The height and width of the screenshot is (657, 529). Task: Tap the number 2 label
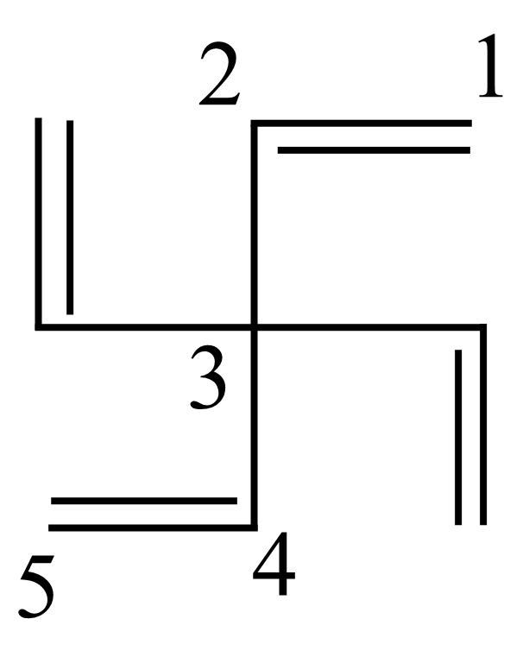(219, 73)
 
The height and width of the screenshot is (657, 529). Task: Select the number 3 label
(208, 377)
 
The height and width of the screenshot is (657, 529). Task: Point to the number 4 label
(274, 563)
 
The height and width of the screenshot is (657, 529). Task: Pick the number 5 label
(37, 586)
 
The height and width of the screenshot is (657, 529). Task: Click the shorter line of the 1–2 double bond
(374, 150)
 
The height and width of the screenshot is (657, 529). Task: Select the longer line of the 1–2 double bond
(362, 123)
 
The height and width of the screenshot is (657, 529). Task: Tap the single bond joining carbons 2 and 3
(254, 225)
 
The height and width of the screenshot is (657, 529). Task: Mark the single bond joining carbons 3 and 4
(254, 427)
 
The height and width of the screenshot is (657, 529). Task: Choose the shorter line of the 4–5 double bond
(144, 501)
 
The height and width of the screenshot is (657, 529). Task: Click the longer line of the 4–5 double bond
(153, 527)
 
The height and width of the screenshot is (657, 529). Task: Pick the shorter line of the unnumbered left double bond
(70, 217)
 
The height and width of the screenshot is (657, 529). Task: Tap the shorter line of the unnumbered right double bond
(458, 437)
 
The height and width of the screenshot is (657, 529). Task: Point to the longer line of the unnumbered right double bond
(483, 424)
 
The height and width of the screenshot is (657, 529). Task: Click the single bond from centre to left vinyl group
(144, 327)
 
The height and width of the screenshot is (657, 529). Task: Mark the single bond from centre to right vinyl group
(370, 327)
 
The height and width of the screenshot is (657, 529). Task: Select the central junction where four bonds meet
(254, 327)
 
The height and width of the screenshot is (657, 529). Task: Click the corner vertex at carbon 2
(254, 123)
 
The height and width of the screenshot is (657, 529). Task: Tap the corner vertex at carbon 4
(254, 527)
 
